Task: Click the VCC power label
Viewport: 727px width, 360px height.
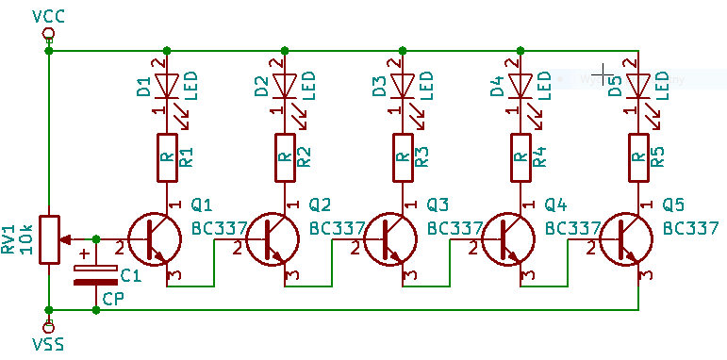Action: (x=48, y=17)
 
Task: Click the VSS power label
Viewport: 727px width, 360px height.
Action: (x=48, y=345)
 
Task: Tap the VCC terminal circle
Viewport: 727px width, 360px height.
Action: (x=48, y=34)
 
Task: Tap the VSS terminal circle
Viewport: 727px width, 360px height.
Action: (x=48, y=328)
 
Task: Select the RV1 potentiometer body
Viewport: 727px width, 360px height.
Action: (x=49, y=240)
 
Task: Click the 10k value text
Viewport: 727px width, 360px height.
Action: (x=26, y=239)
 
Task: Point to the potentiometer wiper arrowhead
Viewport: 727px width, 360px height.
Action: (x=65, y=239)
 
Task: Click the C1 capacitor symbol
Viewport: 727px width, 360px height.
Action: (x=96, y=274)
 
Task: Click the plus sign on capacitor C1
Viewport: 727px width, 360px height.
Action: (x=84, y=254)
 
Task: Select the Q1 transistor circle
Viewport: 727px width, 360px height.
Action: (x=155, y=239)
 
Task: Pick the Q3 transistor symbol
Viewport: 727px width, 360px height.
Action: (x=390, y=239)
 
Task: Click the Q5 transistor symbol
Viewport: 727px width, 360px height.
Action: (x=625, y=239)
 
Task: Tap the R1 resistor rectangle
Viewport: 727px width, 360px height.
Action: (x=167, y=157)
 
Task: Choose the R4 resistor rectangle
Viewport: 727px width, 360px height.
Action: (x=520, y=157)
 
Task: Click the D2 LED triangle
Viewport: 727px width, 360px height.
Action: (x=285, y=86)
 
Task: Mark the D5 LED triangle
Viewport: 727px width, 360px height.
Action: (x=638, y=86)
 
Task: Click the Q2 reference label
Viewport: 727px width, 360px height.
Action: (x=320, y=205)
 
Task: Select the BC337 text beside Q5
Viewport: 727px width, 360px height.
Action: (x=691, y=228)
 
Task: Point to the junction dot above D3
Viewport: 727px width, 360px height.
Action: (x=403, y=51)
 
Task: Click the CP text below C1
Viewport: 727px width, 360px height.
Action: (x=113, y=300)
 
